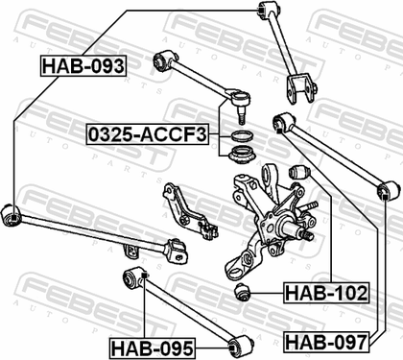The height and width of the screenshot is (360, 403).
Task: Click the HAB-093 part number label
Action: tap(83, 66)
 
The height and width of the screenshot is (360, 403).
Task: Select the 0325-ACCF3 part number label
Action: tap(148, 134)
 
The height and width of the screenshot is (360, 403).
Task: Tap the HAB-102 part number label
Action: tap(326, 293)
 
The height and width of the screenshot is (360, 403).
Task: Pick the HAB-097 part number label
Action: tap(326, 342)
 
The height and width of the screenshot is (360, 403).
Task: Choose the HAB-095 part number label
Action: tap(153, 348)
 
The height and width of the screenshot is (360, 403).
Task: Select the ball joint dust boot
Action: tap(242, 156)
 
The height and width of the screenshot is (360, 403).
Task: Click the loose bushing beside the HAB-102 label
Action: tap(242, 292)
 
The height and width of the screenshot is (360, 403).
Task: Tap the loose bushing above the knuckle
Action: tap(299, 173)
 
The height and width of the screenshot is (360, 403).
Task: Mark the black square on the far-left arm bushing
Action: tap(13, 218)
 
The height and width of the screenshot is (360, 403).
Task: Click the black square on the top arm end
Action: tap(261, 10)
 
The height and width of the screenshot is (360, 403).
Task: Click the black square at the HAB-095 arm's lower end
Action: tap(232, 348)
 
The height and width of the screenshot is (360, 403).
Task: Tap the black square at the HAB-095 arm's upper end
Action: tap(144, 276)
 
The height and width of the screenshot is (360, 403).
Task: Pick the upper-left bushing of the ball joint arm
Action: tap(163, 60)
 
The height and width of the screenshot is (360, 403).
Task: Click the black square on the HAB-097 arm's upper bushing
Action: tap(279, 131)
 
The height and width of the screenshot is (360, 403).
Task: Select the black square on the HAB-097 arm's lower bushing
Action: tap(386, 196)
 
